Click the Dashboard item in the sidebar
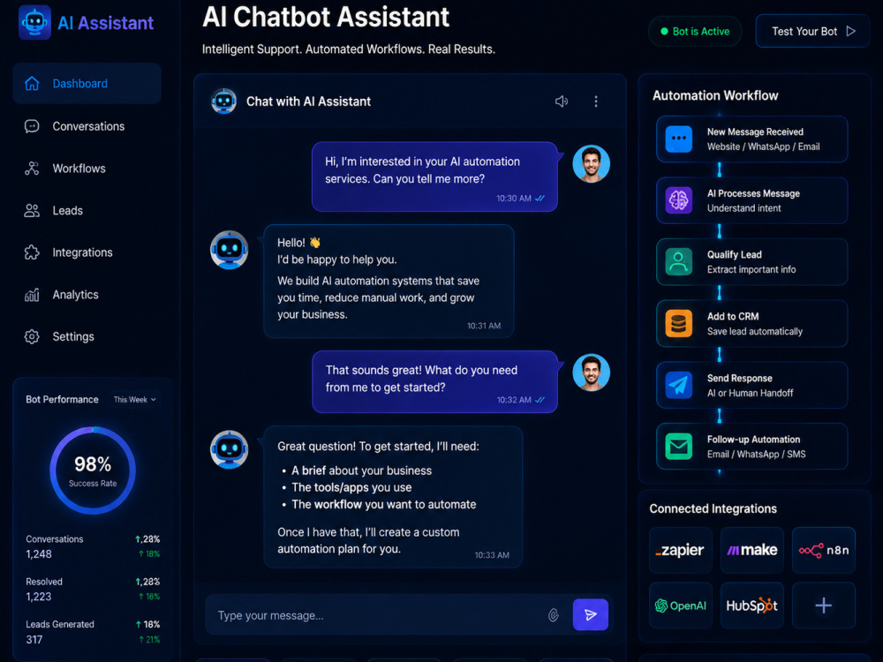coord(87,83)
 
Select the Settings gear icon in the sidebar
coord(32,336)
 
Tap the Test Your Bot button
coord(812,32)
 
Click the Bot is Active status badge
coord(695,32)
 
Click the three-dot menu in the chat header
coord(596,102)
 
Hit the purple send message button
coord(590,614)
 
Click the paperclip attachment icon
coord(554,615)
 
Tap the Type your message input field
coord(377,615)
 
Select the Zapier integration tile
coord(680,550)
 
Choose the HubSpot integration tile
coord(751,606)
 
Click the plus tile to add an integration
coord(823,606)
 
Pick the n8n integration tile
coord(823,550)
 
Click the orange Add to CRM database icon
coord(678,324)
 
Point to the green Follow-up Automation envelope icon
coord(678,447)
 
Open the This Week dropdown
coord(135,400)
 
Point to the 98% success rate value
coord(93,464)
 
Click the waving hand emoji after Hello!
coord(315,243)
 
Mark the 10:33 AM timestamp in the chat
coord(492,555)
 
